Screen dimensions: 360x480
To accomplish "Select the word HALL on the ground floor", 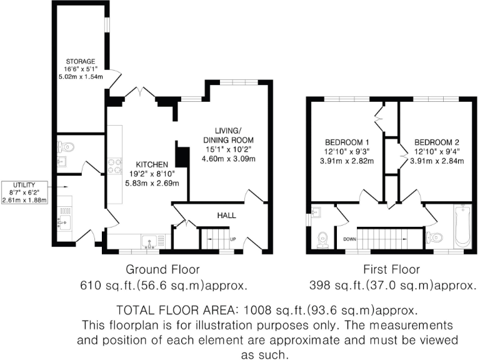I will [x=226, y=215].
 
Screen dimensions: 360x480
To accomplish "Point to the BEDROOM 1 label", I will [x=346, y=141].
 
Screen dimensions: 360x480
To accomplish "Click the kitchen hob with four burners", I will [x=115, y=166].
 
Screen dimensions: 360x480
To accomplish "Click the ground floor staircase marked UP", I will [x=215, y=238].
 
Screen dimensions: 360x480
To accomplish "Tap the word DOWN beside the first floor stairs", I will [x=349, y=239].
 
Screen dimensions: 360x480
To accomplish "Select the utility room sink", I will [x=62, y=221].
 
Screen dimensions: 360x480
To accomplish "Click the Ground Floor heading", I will [x=163, y=270].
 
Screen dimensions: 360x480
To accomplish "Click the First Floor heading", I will [x=391, y=270].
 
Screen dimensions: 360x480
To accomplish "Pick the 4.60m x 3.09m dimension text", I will [x=228, y=159].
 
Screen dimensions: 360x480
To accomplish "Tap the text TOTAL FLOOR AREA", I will [x=178, y=311].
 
